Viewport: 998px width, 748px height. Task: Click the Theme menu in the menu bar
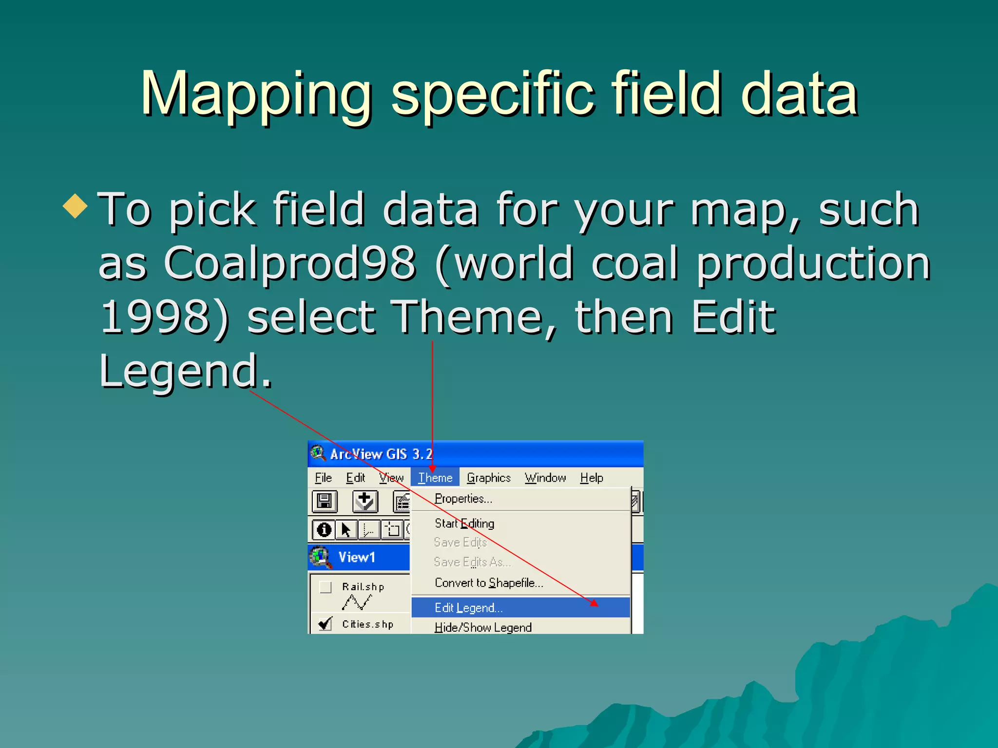coord(435,478)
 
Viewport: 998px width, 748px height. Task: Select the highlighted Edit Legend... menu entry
coord(468,608)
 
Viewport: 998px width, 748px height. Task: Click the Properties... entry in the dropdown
coord(463,499)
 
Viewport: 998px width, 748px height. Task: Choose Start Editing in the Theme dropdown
coord(464,524)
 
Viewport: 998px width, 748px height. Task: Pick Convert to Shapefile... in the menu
coord(488,583)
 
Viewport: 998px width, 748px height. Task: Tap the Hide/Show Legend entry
coord(482,627)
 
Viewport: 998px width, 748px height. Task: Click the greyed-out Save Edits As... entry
coord(472,562)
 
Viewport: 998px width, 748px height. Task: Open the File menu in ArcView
coord(323,478)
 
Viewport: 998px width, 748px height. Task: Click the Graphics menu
coord(488,478)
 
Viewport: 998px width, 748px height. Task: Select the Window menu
coord(545,478)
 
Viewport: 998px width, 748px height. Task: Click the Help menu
coord(591,478)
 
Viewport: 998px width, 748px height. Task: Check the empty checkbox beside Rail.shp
coord(326,587)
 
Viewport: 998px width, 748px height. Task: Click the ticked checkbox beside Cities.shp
coord(325,624)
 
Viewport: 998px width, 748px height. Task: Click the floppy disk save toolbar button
coord(325,501)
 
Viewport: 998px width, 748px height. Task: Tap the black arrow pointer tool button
coord(346,529)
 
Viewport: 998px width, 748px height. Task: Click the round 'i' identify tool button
coord(324,529)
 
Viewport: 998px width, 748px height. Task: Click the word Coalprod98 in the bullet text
coord(289,263)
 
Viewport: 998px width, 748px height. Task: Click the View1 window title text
coord(357,557)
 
